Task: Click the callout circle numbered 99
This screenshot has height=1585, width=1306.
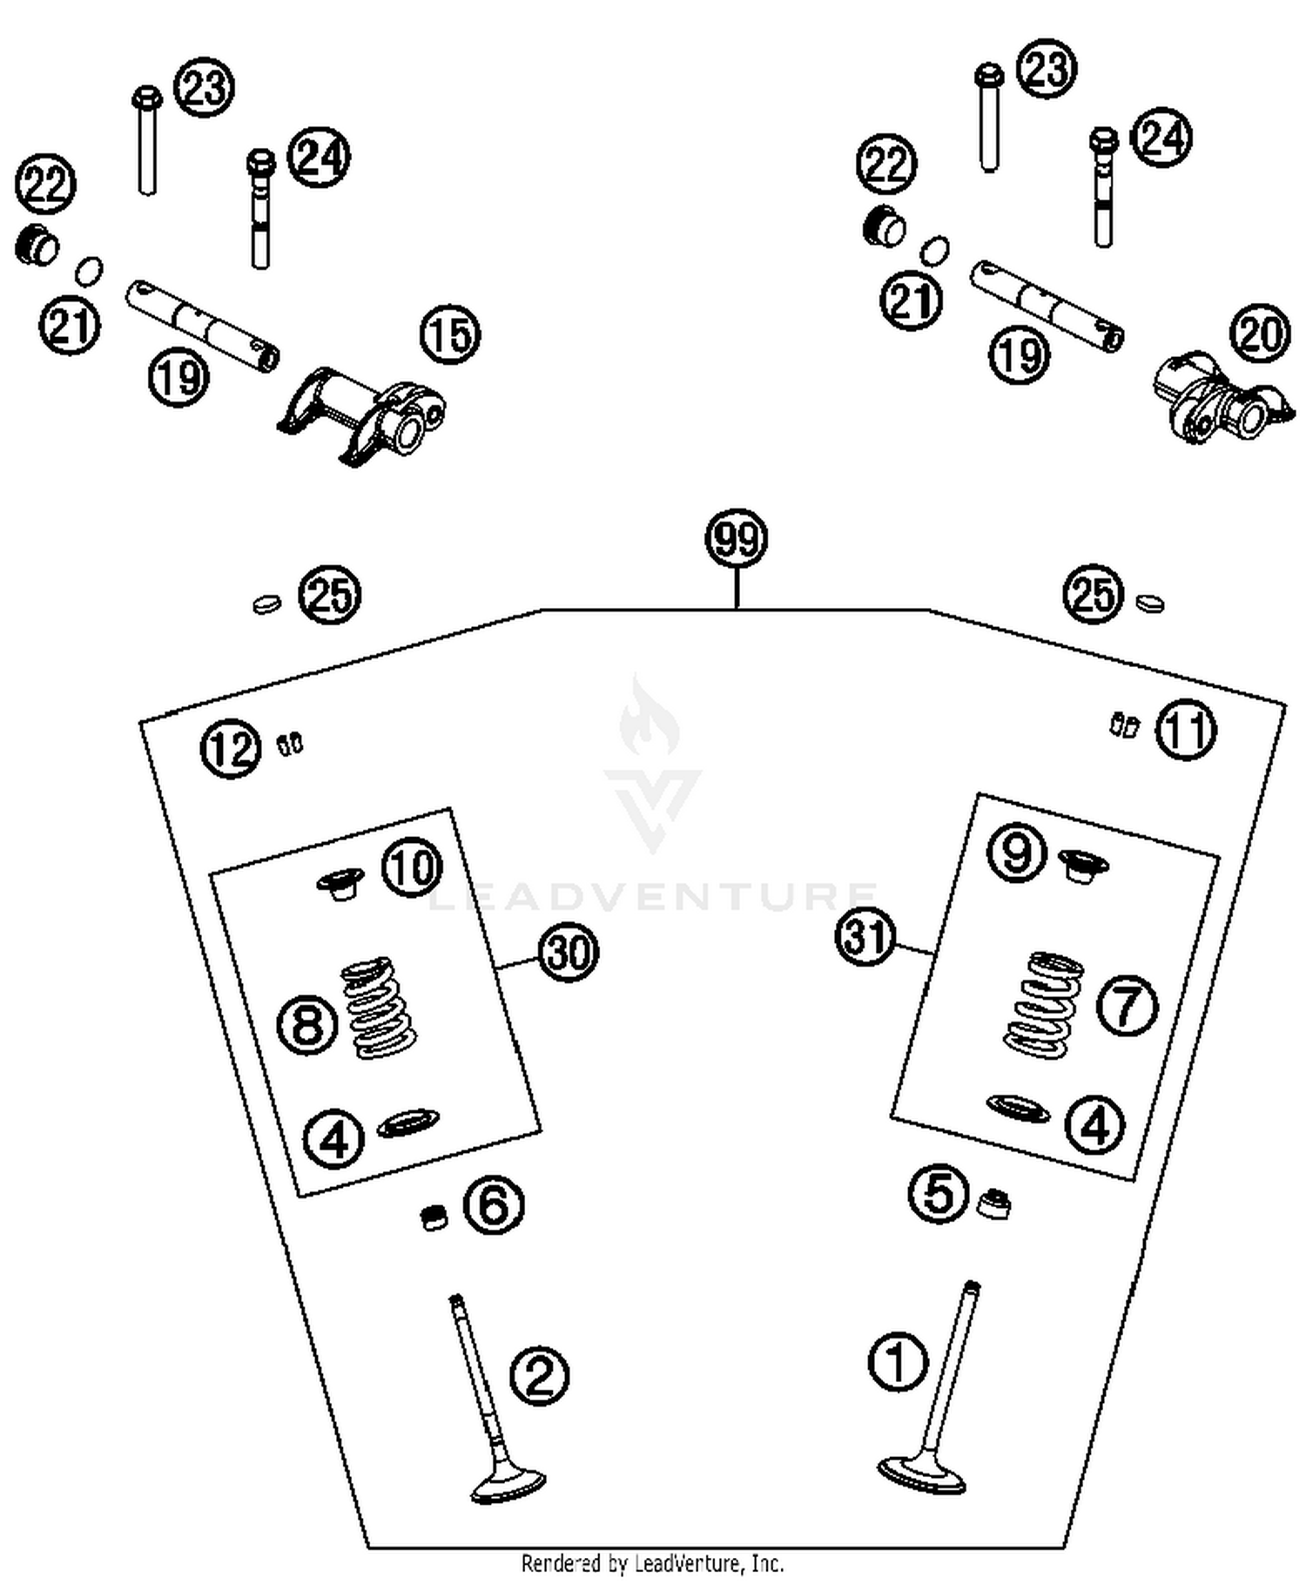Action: (736, 539)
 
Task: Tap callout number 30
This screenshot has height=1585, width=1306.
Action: (568, 952)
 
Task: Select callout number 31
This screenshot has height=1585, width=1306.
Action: (865, 937)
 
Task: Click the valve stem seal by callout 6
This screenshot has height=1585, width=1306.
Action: (433, 1217)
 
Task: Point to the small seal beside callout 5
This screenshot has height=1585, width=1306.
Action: (993, 1204)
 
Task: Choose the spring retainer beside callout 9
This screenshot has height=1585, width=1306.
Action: (1083, 865)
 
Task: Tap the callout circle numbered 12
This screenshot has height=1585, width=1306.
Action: (231, 749)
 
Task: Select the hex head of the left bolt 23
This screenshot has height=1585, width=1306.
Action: (147, 95)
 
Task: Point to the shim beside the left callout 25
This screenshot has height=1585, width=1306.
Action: (266, 603)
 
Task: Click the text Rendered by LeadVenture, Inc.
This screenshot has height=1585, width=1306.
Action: (652, 1562)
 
